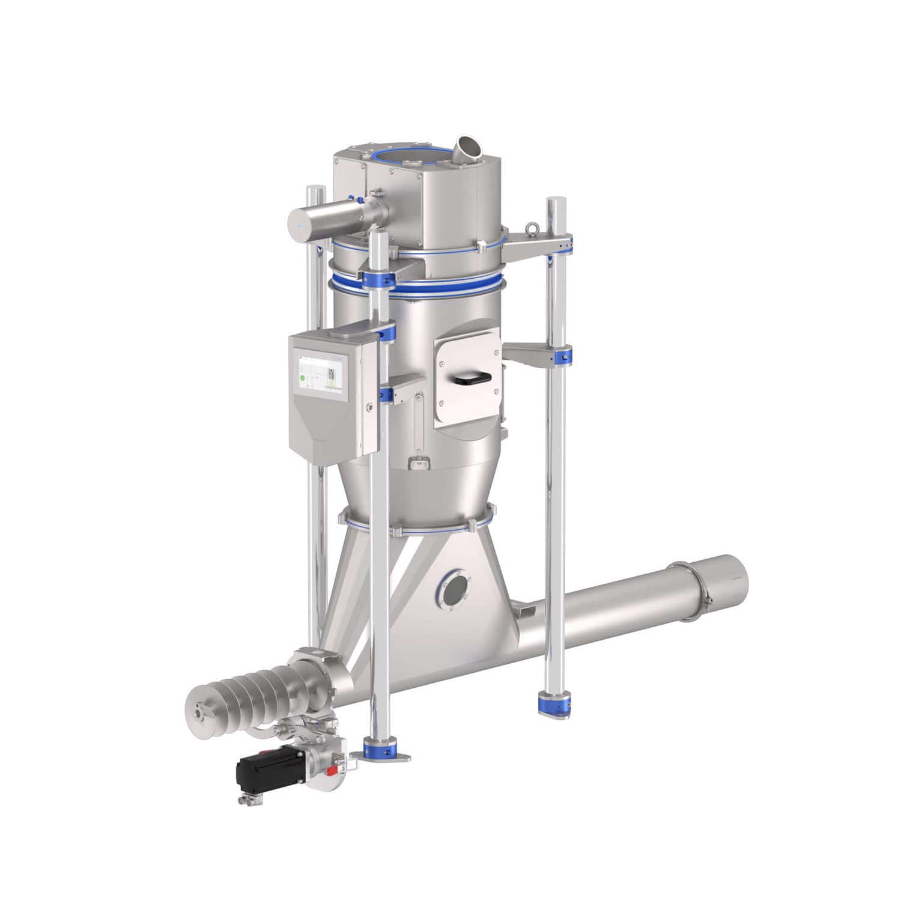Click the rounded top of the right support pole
554,202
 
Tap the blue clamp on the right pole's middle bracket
566,355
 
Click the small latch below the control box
419,463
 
